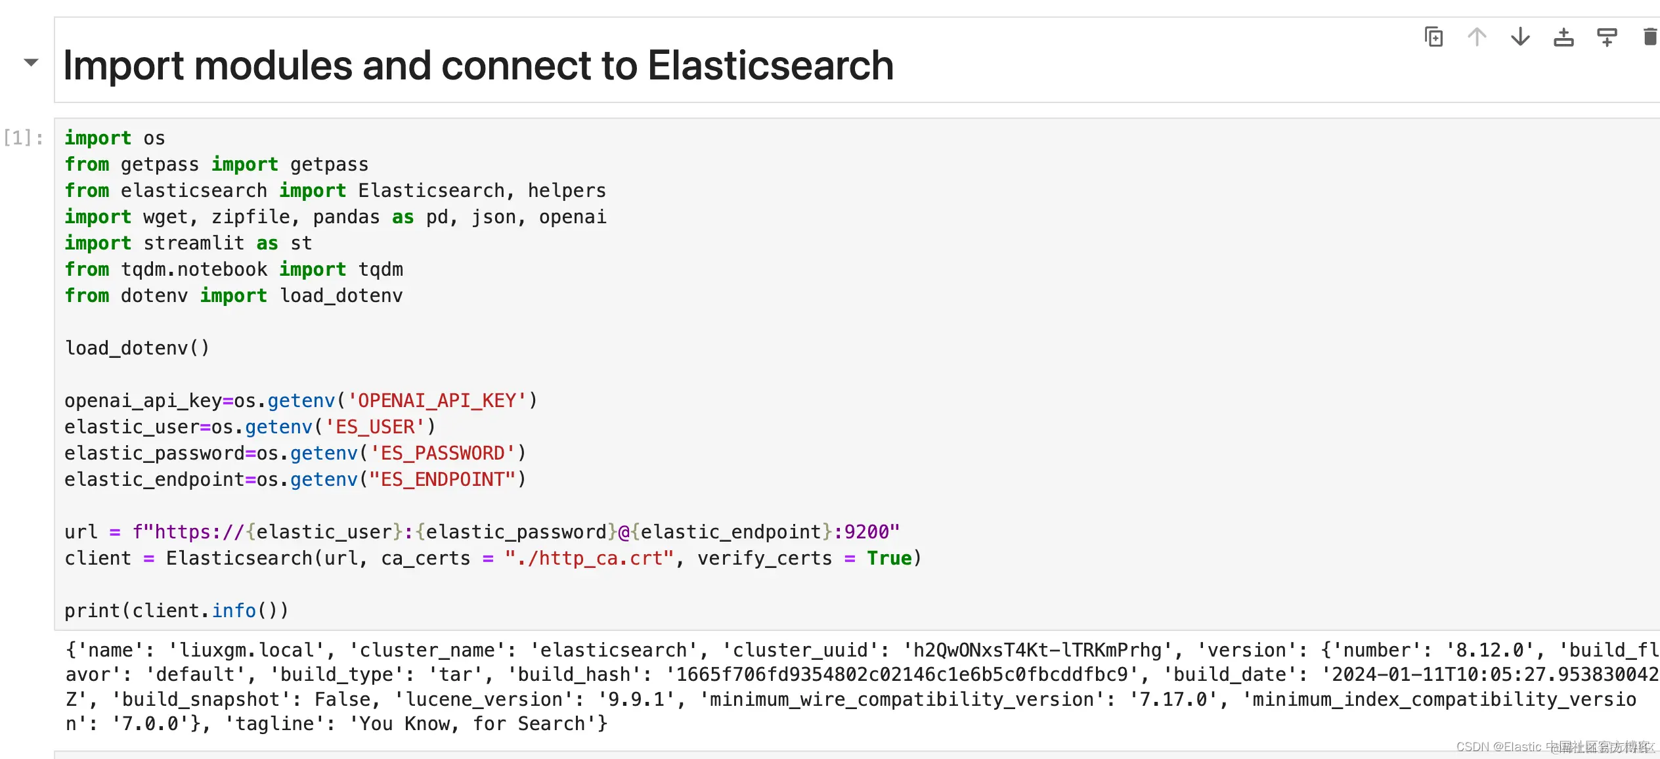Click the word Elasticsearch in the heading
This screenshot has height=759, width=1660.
click(770, 66)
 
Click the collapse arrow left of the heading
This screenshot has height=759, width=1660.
click(31, 62)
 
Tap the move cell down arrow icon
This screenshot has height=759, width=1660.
click(1520, 37)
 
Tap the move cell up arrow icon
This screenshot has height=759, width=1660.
click(1477, 37)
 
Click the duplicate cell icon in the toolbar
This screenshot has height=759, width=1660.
click(1433, 37)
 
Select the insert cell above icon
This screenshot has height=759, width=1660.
click(1563, 37)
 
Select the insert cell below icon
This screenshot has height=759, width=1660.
click(1607, 37)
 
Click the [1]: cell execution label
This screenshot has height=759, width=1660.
click(24, 138)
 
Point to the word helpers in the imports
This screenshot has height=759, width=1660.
click(567, 190)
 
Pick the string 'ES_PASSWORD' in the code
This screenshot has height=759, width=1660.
click(443, 453)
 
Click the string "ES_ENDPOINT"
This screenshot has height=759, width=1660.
click(443, 479)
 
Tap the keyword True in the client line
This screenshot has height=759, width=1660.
click(889, 558)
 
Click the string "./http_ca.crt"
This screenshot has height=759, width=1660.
click(589, 558)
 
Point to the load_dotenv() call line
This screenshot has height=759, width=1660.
click(137, 348)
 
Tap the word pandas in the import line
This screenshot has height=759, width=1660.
click(346, 217)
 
